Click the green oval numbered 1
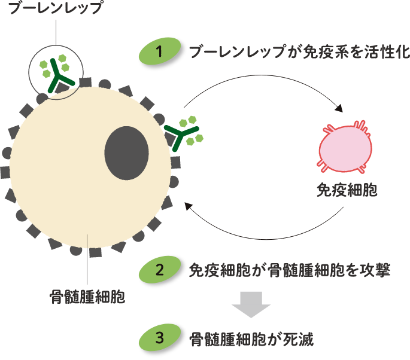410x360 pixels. coord(159,52)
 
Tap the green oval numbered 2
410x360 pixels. coord(159,270)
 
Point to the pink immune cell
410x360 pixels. coord(345,146)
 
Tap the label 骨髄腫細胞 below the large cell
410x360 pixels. coord(87,297)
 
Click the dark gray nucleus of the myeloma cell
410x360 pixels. coord(126,153)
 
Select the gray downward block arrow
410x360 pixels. coord(251,304)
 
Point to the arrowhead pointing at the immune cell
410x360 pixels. coord(339,109)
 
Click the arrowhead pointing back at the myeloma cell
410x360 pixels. coord(188,206)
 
